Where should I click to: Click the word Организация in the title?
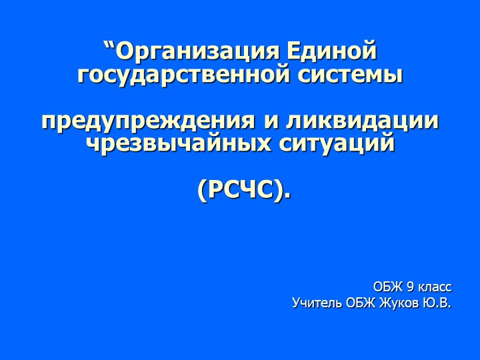[198, 51]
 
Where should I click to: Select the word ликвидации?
[362, 121]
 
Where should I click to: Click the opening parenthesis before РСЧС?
[203, 191]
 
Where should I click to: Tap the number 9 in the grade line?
[409, 287]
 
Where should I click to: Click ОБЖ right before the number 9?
[388, 287]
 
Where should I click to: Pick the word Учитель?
[317, 304]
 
